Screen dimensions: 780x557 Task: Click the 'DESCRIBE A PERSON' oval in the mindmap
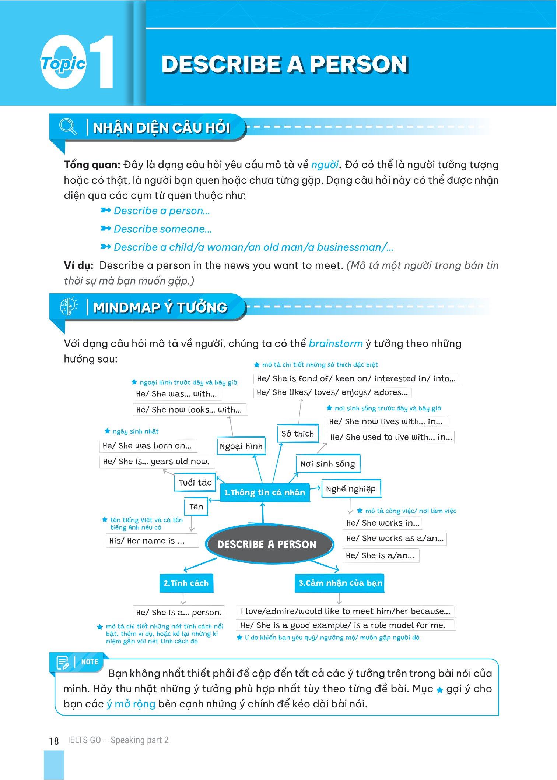267,544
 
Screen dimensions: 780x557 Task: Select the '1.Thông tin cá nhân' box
265,493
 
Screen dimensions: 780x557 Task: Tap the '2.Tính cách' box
186,583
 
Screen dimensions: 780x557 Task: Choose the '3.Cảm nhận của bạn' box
340,583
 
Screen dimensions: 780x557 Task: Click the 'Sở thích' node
297,434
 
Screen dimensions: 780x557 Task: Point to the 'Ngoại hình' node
241,446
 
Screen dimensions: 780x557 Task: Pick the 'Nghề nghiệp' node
351,489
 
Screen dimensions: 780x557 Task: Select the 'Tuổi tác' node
195,483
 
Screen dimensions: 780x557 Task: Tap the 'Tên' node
196,507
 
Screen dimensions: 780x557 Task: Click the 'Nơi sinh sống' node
327,464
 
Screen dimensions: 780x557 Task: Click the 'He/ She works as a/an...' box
395,539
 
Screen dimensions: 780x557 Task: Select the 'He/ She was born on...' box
148,446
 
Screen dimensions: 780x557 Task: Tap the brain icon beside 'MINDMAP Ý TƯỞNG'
69,306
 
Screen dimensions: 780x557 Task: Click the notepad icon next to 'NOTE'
63,663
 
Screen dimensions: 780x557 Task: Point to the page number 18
54,741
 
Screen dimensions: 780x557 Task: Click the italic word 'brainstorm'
336,343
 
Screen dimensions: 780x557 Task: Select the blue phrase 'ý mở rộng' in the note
131,704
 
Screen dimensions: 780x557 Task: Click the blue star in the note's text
439,690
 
